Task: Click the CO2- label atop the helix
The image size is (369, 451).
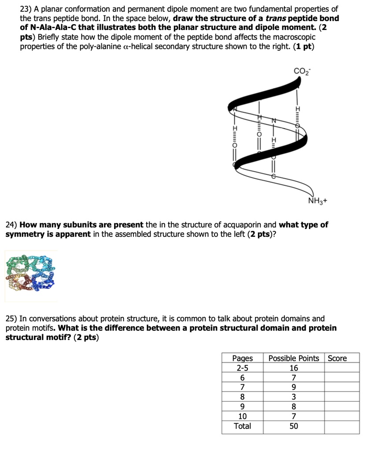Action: pos(302,70)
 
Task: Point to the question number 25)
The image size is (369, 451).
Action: pos(12,318)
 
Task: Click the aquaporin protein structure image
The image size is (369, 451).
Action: pos(31,276)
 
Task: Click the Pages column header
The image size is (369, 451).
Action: pos(242,358)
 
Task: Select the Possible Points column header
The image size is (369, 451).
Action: pos(294,358)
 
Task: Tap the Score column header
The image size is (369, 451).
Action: pos(337,358)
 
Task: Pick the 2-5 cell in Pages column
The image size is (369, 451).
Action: pos(242,368)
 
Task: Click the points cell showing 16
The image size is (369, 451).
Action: pos(294,368)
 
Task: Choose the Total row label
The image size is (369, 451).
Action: pos(242,426)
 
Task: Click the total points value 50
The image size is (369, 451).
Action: pos(294,426)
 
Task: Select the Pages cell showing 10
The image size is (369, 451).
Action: pos(242,416)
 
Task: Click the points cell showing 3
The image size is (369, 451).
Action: pos(294,397)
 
